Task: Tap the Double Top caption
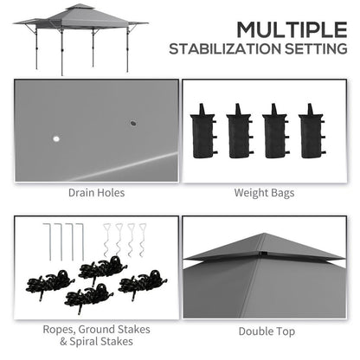coord(265,330)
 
